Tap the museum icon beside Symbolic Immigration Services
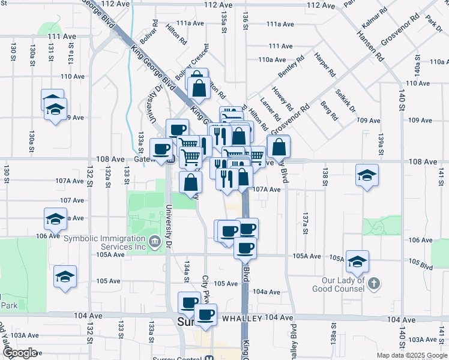point(155,242)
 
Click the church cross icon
point(373,283)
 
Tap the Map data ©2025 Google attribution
point(412,355)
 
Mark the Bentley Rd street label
point(288,67)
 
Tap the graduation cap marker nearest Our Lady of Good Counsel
point(357,261)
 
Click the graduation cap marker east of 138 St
point(367,175)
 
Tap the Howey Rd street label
point(282,98)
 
